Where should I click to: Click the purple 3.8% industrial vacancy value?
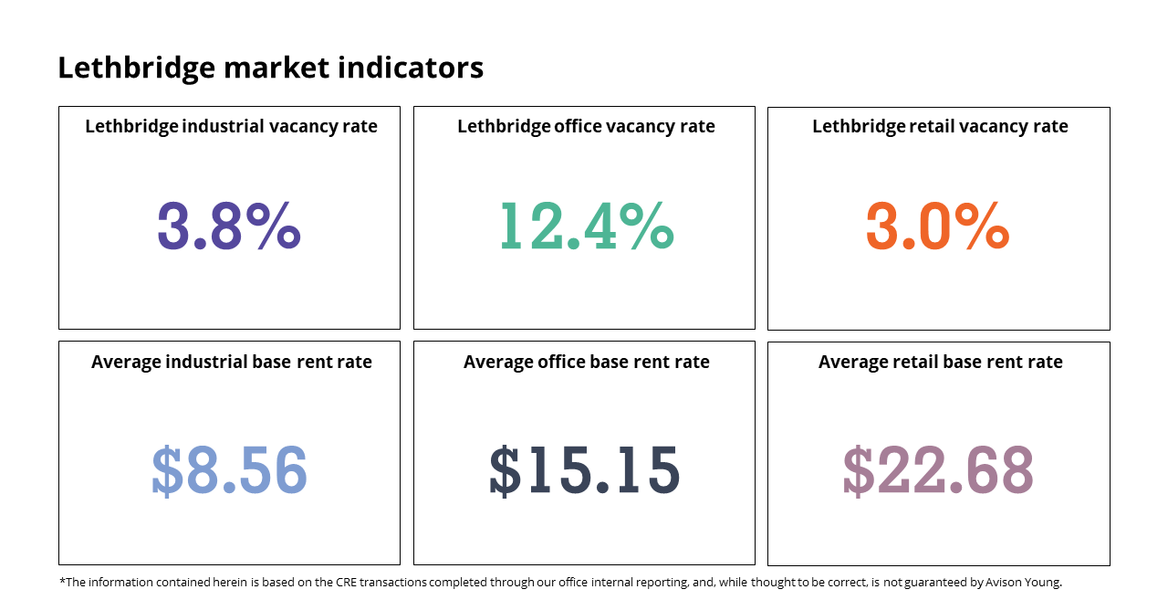(229, 226)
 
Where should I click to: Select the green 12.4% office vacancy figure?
(587, 226)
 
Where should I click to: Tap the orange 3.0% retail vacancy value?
(937, 226)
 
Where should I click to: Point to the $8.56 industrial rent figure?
(229, 469)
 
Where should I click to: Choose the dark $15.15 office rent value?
(585, 469)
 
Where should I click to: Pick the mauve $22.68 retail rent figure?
(938, 469)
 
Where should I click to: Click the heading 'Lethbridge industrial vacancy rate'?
(231, 127)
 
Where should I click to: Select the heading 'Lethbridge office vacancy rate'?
(586, 127)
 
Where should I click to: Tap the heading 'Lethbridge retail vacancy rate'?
(940, 127)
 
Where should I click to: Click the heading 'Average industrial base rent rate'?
(232, 362)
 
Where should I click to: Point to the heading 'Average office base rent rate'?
(587, 362)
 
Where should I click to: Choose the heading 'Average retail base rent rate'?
(940, 362)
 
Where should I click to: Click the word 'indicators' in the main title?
(411, 68)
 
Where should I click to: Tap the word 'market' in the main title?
(276, 68)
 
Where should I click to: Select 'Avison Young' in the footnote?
(1023, 583)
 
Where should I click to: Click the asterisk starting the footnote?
(63, 580)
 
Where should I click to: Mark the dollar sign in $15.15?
(506, 470)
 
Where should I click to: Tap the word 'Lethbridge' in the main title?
(136, 68)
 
